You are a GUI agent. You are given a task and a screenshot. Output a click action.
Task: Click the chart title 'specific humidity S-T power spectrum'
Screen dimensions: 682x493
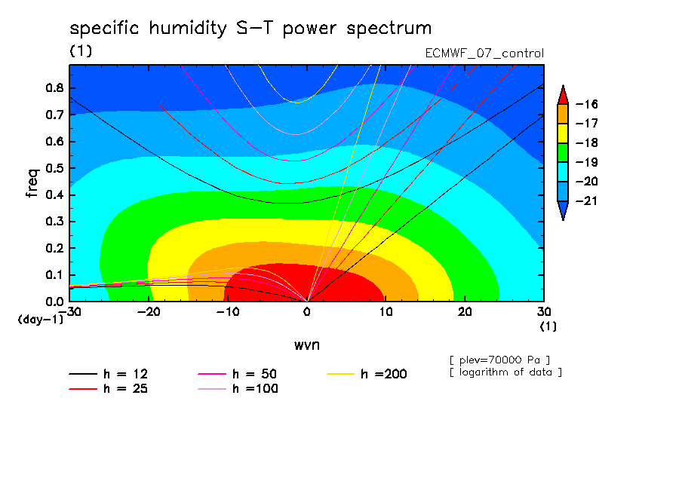coord(250,29)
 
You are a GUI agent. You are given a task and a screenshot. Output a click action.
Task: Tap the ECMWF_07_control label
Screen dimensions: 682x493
coord(484,54)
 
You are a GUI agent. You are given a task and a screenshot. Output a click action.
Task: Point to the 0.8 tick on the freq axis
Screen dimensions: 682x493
coord(55,87)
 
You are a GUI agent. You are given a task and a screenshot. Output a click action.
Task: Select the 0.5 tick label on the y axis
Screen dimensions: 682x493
coord(55,168)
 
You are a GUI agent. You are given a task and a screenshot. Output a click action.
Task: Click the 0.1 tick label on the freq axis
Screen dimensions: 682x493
coord(55,275)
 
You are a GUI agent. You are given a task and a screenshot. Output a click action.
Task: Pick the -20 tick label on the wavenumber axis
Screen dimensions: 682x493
coord(149,312)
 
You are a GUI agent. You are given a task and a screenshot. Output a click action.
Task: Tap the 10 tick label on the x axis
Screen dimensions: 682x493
coord(386,312)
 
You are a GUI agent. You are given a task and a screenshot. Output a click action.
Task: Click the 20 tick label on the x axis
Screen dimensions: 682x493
coord(465,312)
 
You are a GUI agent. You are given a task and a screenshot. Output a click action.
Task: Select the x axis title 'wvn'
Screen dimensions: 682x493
coord(307,345)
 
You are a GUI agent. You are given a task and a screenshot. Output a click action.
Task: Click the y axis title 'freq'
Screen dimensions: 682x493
coord(32,183)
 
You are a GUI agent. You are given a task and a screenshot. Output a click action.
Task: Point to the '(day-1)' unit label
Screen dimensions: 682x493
coord(41,320)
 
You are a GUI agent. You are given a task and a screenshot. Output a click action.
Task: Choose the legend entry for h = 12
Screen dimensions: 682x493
coord(109,374)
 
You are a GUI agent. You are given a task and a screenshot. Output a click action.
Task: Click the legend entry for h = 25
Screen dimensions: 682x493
coord(109,389)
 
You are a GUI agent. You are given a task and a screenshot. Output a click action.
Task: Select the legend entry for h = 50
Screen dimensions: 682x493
coord(238,374)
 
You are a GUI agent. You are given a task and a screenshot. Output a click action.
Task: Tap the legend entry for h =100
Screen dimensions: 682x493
coord(238,389)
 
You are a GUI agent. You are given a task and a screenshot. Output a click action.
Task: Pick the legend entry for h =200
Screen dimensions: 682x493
coord(367,374)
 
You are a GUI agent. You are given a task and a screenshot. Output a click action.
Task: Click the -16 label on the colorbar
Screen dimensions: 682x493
coord(587,104)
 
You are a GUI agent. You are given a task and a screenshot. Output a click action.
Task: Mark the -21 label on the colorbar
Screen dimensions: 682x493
coord(587,201)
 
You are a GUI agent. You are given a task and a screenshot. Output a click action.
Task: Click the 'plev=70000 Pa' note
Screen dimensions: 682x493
coord(499,360)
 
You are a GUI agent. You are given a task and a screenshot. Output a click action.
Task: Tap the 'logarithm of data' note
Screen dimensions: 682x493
coord(506,372)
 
